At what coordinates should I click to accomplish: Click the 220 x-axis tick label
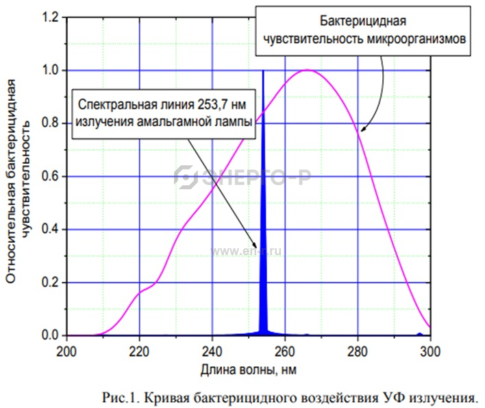[x=139, y=348]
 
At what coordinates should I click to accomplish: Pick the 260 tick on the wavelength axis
[x=285, y=348]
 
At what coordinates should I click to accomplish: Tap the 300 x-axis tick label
[x=430, y=348]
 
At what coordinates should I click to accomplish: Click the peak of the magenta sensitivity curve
[x=308, y=70]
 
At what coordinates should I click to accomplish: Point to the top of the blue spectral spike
[x=263, y=71]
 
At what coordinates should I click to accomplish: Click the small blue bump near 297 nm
[x=419, y=334]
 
